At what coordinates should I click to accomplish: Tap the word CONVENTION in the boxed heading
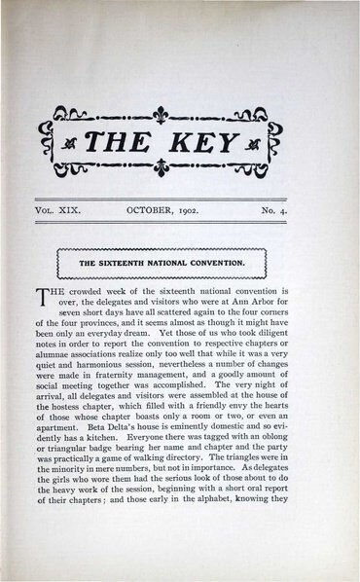(232, 262)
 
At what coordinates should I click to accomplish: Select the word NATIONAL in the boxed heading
(189, 262)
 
